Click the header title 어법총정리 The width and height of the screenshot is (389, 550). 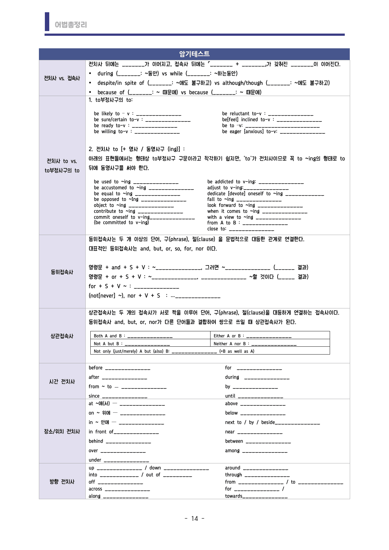71,24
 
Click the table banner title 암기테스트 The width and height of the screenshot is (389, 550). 194,54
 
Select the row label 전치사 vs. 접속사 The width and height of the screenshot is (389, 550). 62,78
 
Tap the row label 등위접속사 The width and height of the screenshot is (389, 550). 62,272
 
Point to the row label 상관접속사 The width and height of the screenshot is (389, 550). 62,336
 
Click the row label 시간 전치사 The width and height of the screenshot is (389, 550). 62,382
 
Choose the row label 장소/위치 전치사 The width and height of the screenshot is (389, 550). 62,431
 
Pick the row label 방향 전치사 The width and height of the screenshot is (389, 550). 62,482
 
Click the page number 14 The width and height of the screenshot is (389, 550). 194,519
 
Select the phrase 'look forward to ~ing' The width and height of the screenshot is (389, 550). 231,205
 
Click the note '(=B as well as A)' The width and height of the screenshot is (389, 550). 237,351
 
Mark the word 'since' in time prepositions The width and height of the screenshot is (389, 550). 94,396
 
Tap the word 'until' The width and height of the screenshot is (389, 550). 230,396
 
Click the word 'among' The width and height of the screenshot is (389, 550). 232,451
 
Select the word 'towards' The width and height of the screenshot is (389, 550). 233,496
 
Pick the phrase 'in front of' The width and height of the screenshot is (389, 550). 101,432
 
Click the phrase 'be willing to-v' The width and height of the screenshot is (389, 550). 111,132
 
